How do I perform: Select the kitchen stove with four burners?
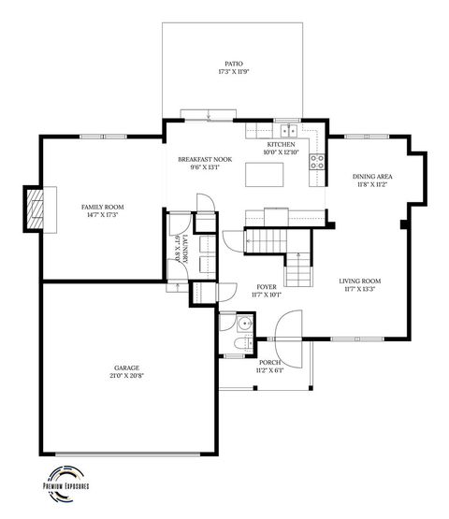[317, 158]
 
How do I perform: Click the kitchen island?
[268, 174]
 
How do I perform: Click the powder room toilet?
[227, 344]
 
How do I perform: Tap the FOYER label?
[268, 286]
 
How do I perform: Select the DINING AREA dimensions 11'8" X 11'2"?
[371, 185]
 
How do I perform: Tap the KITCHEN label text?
[281, 145]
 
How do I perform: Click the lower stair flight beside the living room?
[297, 271]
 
